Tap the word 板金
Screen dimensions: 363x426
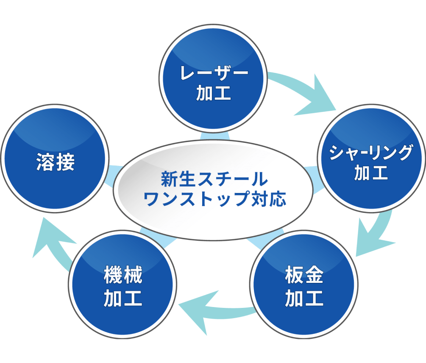[x=304, y=278]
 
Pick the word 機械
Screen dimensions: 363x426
[x=123, y=278]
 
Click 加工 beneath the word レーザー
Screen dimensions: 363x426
[x=214, y=93]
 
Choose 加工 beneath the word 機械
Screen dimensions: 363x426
[x=123, y=299]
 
